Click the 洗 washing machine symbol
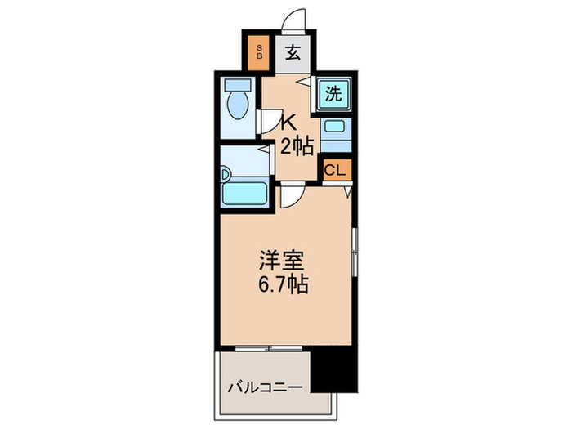tap(333, 93)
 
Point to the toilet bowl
tap(239, 106)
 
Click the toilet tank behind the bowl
tap(238, 85)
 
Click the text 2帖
tap(297, 147)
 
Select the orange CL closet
tap(335, 170)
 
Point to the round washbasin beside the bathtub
tap(226, 174)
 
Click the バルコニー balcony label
tap(265, 385)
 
